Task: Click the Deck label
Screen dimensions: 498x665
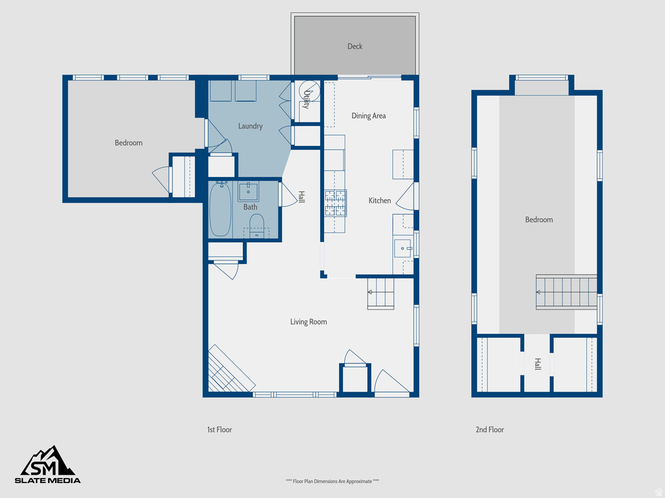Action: click(355, 46)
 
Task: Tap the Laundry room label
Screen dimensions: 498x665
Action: click(250, 126)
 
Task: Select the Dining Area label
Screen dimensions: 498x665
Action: click(368, 115)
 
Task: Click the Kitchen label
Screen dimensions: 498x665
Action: click(380, 200)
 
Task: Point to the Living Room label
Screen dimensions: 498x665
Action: click(308, 322)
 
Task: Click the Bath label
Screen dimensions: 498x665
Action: click(250, 207)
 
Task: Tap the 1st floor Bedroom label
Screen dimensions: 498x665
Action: click(129, 143)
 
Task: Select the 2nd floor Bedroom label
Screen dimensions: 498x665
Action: click(539, 220)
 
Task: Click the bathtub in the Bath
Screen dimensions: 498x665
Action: click(221, 209)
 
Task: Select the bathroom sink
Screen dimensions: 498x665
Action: click(249, 192)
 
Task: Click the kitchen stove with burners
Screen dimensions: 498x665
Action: click(335, 202)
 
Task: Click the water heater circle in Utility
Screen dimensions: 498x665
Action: click(309, 90)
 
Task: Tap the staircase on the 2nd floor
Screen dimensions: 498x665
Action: click(566, 291)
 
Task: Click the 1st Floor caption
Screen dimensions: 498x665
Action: click(220, 429)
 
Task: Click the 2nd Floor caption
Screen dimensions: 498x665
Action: click(490, 429)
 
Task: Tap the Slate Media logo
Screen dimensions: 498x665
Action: click(48, 465)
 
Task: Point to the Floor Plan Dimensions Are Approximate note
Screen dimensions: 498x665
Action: click(332, 481)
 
